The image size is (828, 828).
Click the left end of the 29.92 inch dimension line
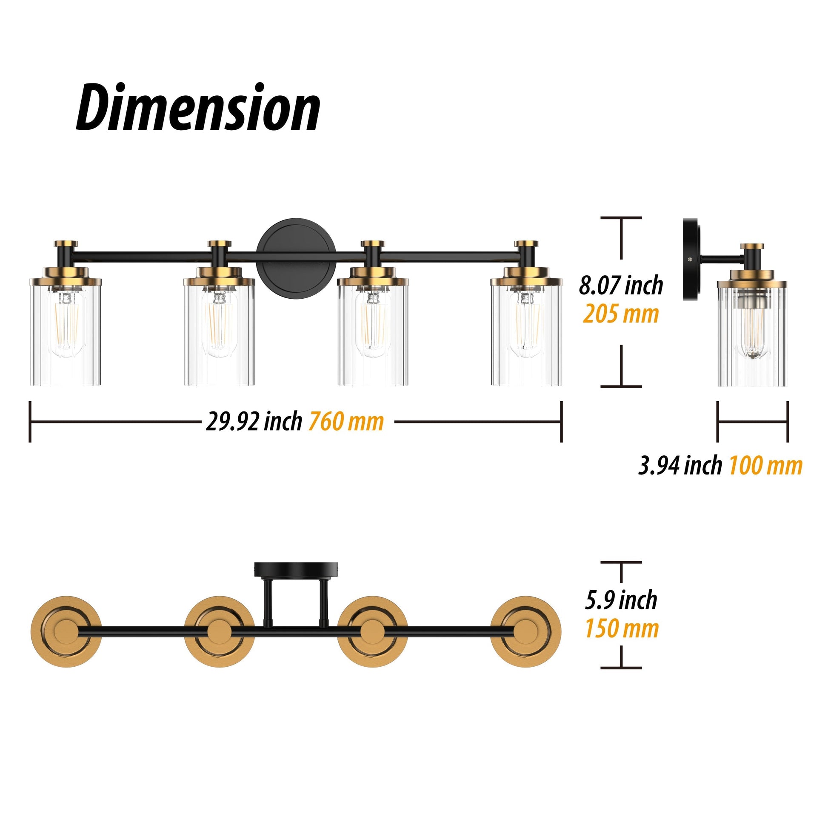click(x=30, y=422)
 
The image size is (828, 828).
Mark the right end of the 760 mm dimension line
click(x=561, y=422)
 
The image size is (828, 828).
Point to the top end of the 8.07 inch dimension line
click(x=621, y=218)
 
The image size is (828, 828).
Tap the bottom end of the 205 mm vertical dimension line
click(x=621, y=387)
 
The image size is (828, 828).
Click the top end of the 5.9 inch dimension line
click(x=621, y=562)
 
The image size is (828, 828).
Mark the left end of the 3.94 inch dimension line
click(x=718, y=422)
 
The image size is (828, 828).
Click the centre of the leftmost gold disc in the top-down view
click(x=66, y=631)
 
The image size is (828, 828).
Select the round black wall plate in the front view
click(x=296, y=256)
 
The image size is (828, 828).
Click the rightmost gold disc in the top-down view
click(x=526, y=631)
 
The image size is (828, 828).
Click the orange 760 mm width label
click(x=346, y=422)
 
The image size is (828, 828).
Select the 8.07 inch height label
click(x=621, y=286)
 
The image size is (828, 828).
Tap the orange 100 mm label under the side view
click(x=765, y=465)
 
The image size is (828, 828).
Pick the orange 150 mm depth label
click(x=622, y=629)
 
